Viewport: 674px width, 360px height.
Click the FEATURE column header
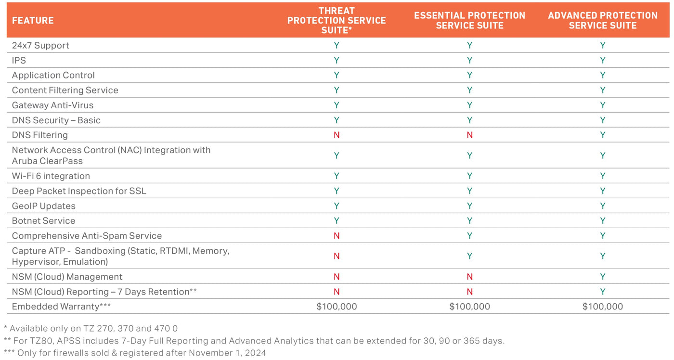point(33,20)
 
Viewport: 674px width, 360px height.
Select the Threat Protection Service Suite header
point(337,20)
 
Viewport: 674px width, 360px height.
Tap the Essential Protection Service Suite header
point(469,20)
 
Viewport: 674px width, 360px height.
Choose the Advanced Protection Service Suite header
point(602,20)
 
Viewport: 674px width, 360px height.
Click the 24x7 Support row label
point(40,45)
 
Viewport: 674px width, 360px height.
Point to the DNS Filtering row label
point(39,135)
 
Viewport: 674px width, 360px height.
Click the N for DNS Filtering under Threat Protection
point(337,135)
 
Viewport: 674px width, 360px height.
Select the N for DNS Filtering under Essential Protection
point(469,135)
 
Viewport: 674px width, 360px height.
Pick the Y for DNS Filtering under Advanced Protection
point(602,135)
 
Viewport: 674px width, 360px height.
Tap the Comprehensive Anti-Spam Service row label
point(87,235)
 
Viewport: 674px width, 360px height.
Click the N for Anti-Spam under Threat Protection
point(337,235)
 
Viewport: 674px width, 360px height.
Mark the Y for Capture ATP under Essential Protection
point(469,256)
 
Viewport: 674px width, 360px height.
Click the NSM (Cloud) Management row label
point(67,277)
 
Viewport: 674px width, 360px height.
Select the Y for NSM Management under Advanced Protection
point(602,277)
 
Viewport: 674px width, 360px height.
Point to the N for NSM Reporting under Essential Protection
point(469,292)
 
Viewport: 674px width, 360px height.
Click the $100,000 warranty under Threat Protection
point(337,307)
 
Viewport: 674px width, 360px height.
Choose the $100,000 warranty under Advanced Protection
point(602,307)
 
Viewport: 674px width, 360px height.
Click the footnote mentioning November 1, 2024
point(135,353)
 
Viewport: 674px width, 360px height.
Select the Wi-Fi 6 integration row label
point(51,176)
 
